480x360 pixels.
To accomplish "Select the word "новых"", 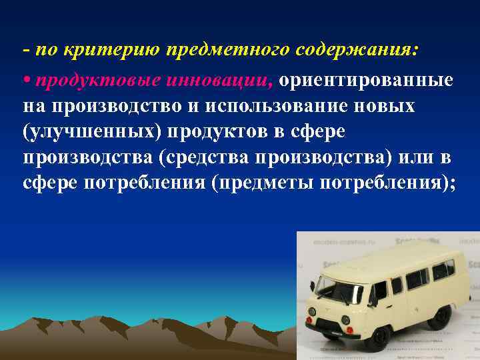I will pos(386,107).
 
